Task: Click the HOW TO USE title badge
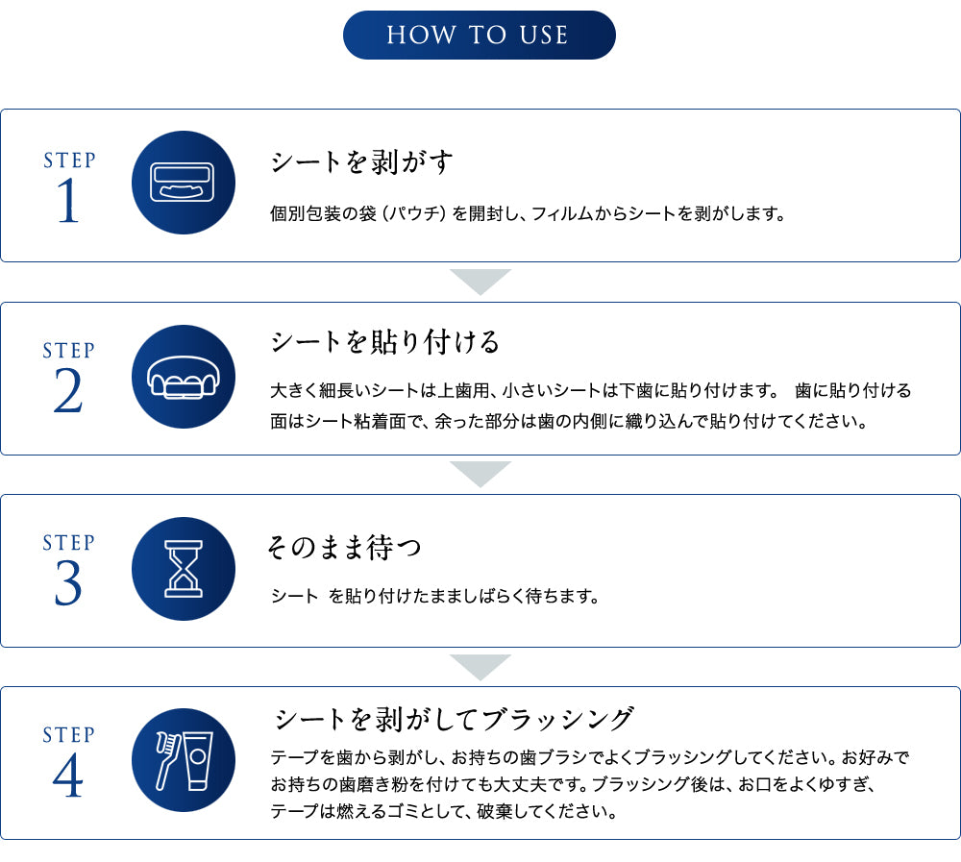(480, 35)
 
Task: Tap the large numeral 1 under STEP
(68, 201)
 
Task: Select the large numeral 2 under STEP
(68, 391)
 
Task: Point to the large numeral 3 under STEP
(68, 583)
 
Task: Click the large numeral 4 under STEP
(68, 775)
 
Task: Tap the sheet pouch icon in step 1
(183, 182)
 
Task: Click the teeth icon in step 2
(183, 378)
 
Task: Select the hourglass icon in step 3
(184, 569)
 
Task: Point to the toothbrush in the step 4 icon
(167, 760)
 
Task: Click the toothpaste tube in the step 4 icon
(198, 761)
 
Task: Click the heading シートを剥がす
(361, 162)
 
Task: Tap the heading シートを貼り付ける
(385, 342)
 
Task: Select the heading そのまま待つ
(344, 547)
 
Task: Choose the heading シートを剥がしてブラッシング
(454, 719)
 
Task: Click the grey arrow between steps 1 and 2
(480, 282)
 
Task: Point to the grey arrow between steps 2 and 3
(480, 474)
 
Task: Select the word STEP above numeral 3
(68, 543)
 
